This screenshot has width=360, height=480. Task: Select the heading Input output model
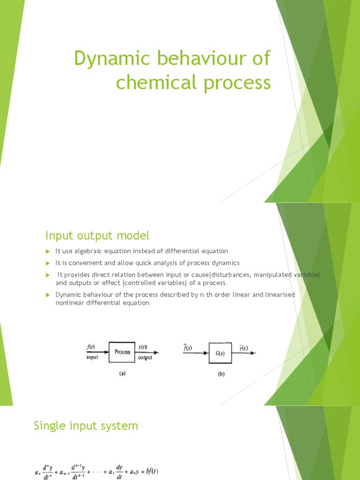point(97,235)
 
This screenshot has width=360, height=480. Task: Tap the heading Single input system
point(86,426)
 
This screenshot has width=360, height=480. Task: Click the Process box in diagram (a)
point(122,352)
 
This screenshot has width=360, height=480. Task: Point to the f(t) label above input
point(91,347)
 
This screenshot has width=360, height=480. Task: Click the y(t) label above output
point(143,347)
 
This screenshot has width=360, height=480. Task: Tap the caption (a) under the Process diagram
point(122,374)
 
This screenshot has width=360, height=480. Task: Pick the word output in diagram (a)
point(145,358)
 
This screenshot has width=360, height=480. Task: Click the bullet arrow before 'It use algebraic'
point(47,252)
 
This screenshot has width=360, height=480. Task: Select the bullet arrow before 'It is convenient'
point(47,262)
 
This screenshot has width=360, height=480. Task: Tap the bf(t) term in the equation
point(152,471)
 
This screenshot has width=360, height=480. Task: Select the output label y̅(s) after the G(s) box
point(242,348)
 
